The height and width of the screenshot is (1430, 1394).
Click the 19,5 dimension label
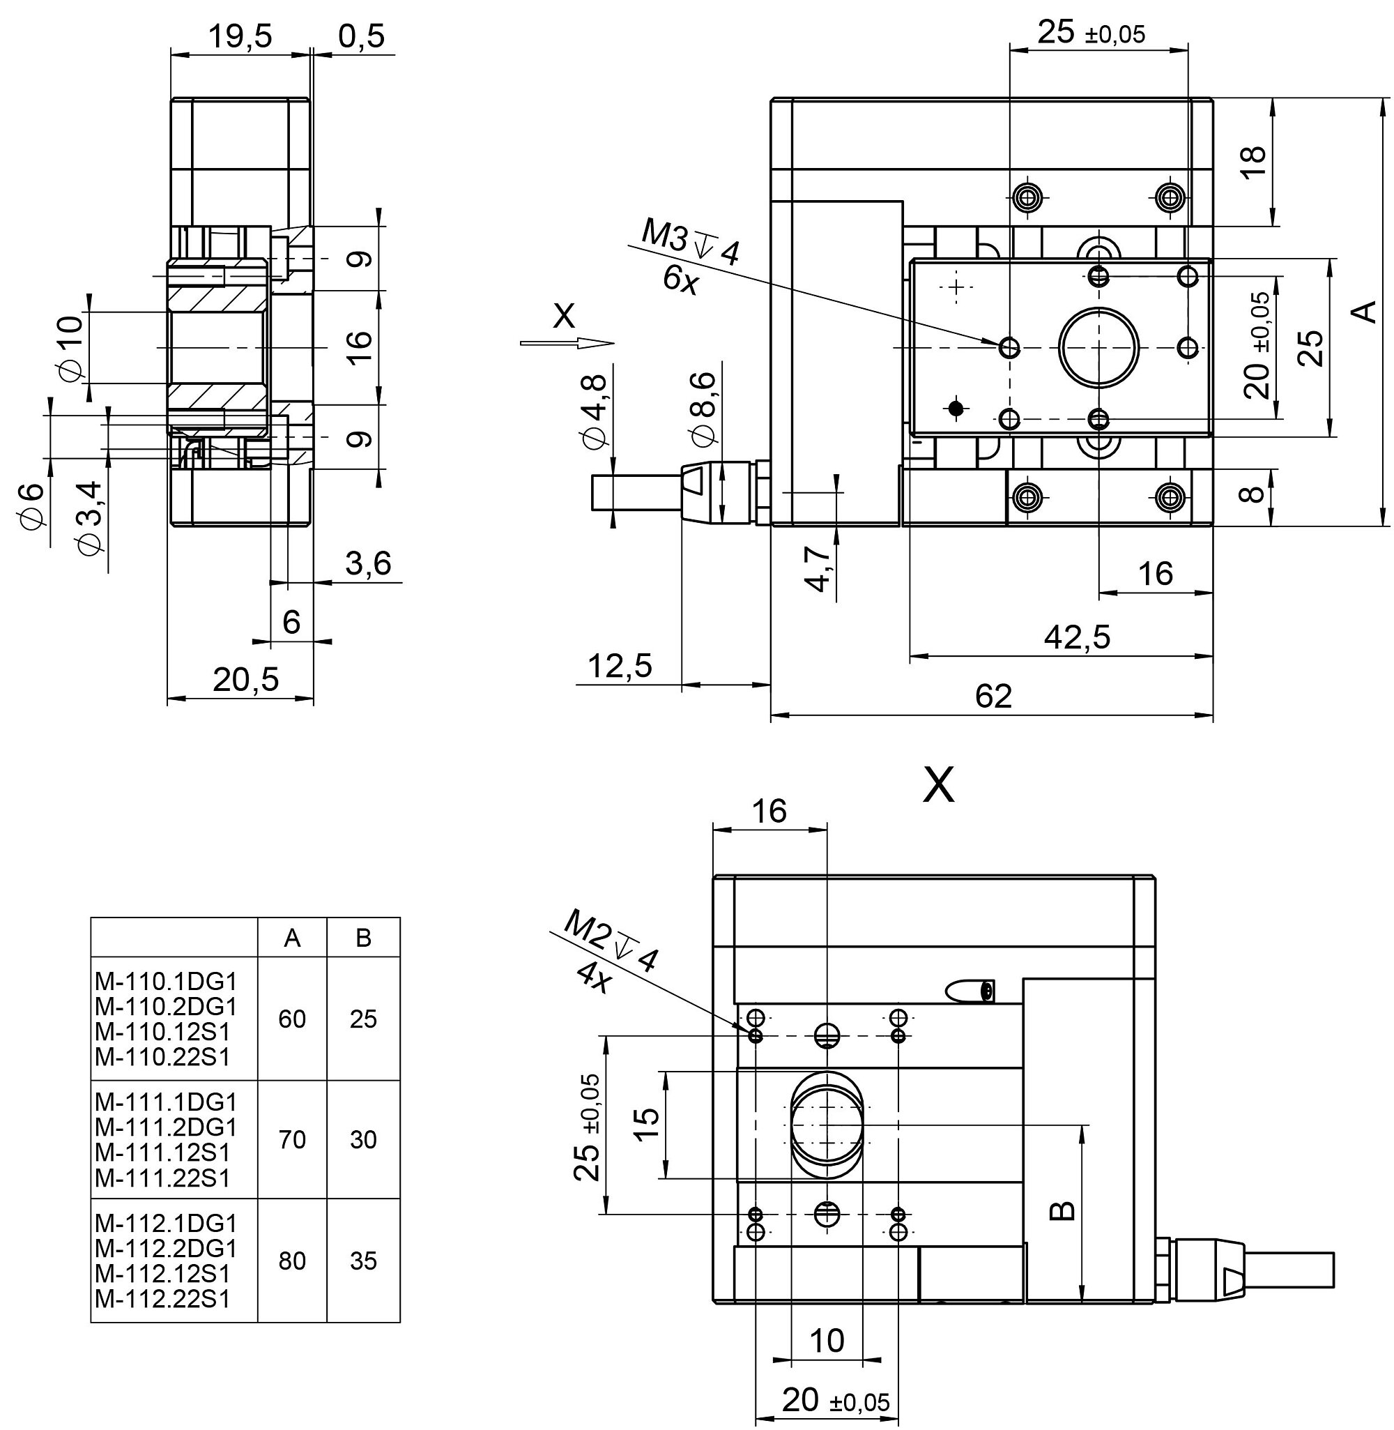[x=240, y=36]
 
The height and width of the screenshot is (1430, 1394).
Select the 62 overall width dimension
[x=993, y=697]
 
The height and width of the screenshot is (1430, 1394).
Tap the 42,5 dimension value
[x=1076, y=637]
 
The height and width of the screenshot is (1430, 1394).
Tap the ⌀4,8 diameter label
[x=594, y=411]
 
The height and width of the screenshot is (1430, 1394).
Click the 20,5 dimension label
[x=246, y=680]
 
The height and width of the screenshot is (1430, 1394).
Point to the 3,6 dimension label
[x=367, y=564]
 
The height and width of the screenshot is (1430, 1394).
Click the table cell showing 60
[x=292, y=1019]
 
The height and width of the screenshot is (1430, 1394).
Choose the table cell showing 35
[x=363, y=1260]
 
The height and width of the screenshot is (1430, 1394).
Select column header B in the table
[x=363, y=938]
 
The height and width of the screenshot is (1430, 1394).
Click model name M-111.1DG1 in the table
[x=166, y=1102]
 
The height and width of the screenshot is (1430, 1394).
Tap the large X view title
[x=940, y=786]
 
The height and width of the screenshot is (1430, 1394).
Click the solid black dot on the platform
[x=955, y=409]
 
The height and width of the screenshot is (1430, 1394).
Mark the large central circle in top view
[x=1098, y=347]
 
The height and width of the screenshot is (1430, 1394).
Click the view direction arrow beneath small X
[x=567, y=342]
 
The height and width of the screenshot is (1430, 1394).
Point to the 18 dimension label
[x=1253, y=161]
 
